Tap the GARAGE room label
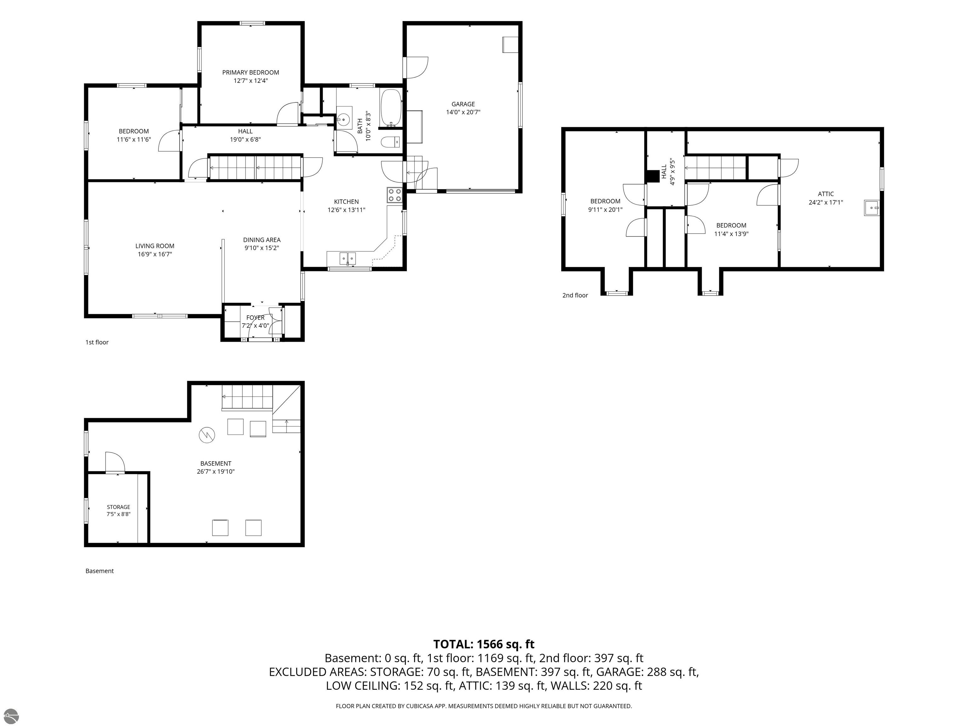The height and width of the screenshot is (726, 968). pyautogui.click(x=463, y=104)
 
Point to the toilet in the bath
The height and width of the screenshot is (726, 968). pyautogui.click(x=390, y=142)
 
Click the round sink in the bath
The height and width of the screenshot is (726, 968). pyautogui.click(x=344, y=118)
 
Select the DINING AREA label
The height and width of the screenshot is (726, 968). pyautogui.click(x=262, y=240)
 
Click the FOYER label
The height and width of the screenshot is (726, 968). pyautogui.click(x=255, y=318)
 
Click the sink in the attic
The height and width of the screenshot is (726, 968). pyautogui.click(x=871, y=208)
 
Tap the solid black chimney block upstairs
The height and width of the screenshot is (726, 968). pyautogui.click(x=653, y=176)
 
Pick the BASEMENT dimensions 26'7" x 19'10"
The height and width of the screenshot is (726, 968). pyautogui.click(x=216, y=472)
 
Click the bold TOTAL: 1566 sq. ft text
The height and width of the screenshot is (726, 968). pyautogui.click(x=484, y=644)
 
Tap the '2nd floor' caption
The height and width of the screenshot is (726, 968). pyautogui.click(x=575, y=295)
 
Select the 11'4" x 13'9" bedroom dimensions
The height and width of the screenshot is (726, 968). pyautogui.click(x=731, y=234)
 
